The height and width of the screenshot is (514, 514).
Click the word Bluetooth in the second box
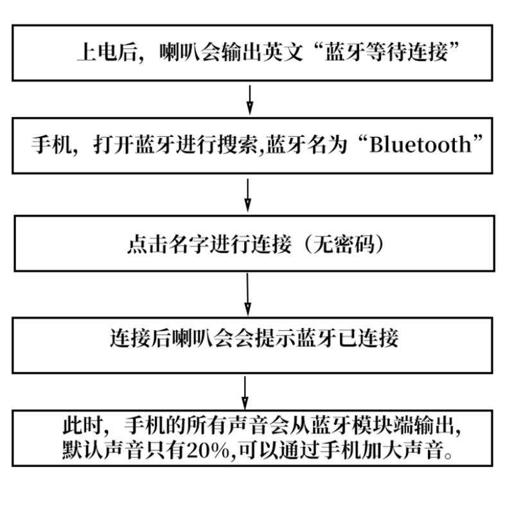(425, 144)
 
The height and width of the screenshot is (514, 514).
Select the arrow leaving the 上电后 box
(249, 100)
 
